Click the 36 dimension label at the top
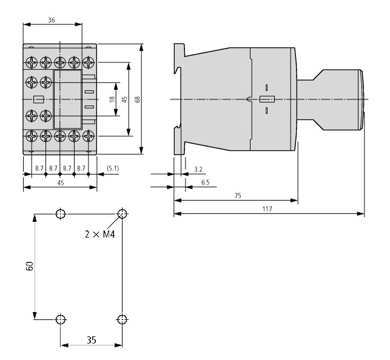click(x=52, y=20)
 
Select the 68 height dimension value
click(x=137, y=99)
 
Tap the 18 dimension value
click(x=112, y=99)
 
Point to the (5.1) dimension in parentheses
click(x=113, y=168)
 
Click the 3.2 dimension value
click(x=198, y=170)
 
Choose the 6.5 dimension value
click(x=206, y=182)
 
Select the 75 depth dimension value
click(x=238, y=196)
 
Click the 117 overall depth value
click(x=267, y=209)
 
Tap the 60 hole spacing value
click(x=30, y=266)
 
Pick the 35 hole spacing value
click(x=92, y=340)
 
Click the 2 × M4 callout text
click(x=100, y=234)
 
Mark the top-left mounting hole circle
click(x=61, y=214)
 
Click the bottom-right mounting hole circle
click(x=122, y=319)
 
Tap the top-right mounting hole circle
click(x=122, y=214)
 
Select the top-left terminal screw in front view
click(x=32, y=62)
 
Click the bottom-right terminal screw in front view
click(x=89, y=136)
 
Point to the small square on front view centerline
click(x=39, y=99)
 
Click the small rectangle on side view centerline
click(x=267, y=99)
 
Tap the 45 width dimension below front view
click(x=61, y=183)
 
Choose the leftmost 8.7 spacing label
click(x=39, y=168)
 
